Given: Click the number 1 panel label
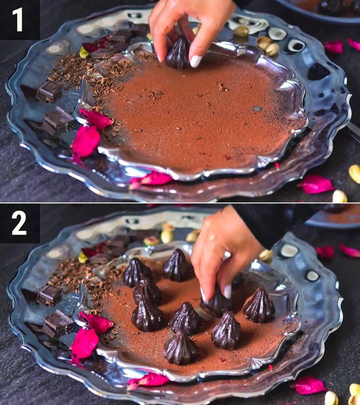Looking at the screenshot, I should [x=19, y=19].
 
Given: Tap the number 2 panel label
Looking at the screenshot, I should [x=19, y=223].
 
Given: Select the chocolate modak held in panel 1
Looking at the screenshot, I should [x=178, y=53].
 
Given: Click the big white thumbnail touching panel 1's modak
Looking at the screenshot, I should [x=196, y=61].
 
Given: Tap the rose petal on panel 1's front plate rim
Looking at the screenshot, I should [x=153, y=179].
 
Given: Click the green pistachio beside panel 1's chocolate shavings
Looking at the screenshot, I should [x=84, y=53].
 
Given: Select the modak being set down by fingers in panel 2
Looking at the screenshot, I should [x=218, y=303].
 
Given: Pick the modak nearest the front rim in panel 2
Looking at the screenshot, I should [x=179, y=347].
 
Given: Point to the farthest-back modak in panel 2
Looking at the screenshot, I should [x=178, y=265].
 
